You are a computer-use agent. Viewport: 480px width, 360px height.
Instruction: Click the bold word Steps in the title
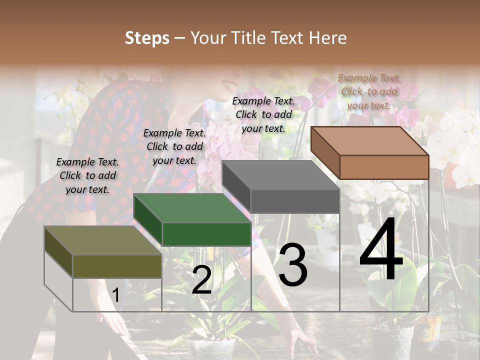point(147,38)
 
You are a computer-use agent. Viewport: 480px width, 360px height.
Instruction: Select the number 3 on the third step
point(293,264)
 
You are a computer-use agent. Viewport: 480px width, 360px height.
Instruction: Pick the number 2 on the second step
point(201,280)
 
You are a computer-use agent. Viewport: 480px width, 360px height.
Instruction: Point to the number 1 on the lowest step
point(116,295)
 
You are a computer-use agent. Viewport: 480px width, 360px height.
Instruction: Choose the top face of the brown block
point(370,140)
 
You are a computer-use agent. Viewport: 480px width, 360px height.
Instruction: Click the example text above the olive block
point(87,175)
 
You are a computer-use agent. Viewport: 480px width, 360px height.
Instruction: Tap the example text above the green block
point(174,146)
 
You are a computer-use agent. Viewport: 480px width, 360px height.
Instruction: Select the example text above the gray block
point(263,114)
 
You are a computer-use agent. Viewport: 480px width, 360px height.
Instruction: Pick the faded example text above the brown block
point(369,91)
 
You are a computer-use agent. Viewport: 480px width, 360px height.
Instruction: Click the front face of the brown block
point(384,167)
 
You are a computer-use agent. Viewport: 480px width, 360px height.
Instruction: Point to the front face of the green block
point(206,234)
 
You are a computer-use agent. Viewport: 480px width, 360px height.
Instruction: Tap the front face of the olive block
point(117,266)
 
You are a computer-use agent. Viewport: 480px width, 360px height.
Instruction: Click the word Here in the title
point(328,38)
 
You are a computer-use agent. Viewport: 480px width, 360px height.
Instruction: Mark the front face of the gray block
point(295,201)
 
